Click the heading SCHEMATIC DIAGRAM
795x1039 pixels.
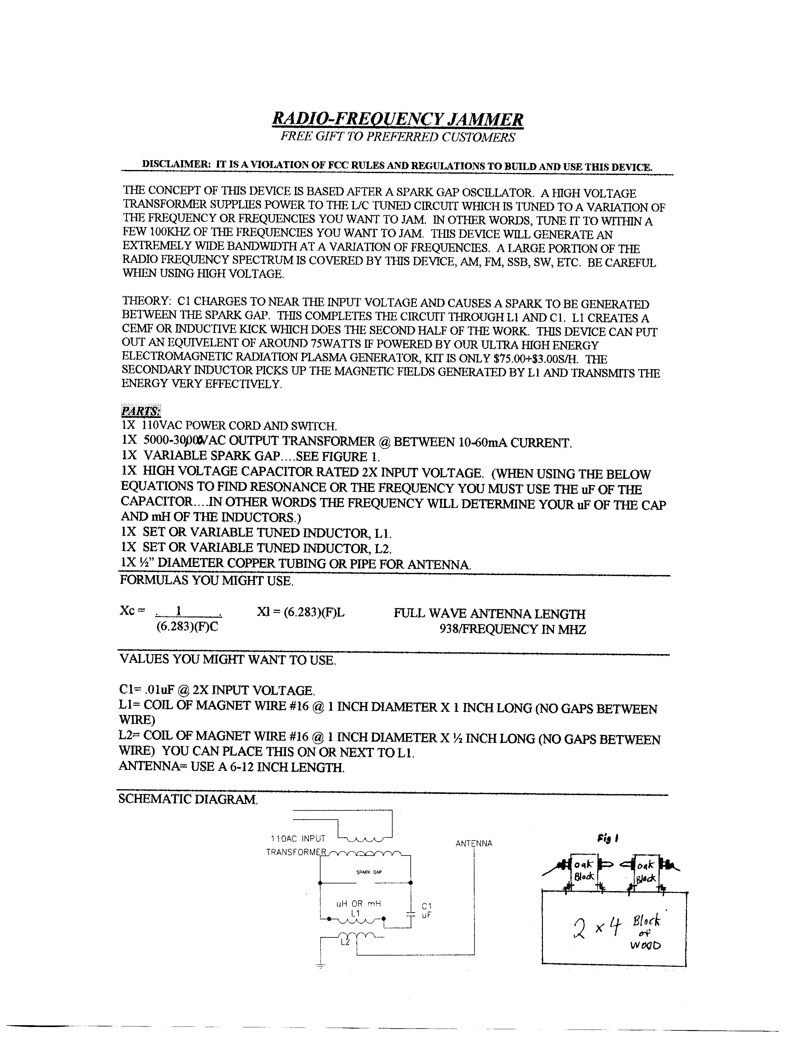pos(188,799)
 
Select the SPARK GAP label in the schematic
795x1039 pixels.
pos(369,872)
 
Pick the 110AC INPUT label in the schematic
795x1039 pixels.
pos(298,839)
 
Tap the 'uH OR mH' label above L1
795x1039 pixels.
pos(358,904)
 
